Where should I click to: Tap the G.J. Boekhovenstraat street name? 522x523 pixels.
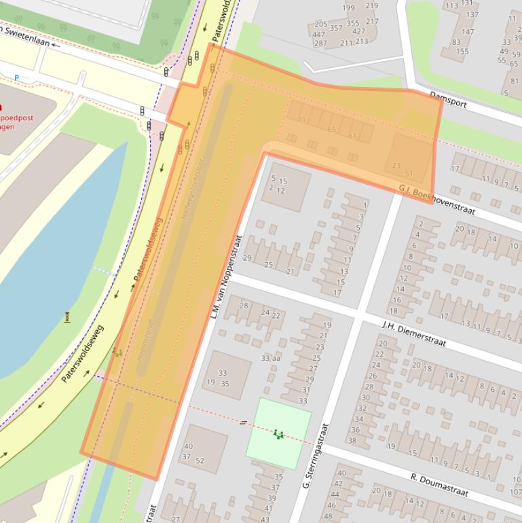click(436, 199)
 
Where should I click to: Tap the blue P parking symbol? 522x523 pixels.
click(16, 78)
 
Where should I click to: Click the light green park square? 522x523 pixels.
click(278, 433)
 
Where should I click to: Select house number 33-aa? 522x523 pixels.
click(270, 358)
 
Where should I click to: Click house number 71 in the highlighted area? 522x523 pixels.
click(301, 120)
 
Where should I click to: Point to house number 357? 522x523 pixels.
click(336, 28)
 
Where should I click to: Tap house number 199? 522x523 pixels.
click(348, 8)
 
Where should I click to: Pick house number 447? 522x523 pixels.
click(318, 34)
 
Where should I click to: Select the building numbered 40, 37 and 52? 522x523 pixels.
click(202, 449)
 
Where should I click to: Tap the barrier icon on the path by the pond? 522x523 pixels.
click(67, 316)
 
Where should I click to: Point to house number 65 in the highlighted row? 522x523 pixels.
click(332, 129)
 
